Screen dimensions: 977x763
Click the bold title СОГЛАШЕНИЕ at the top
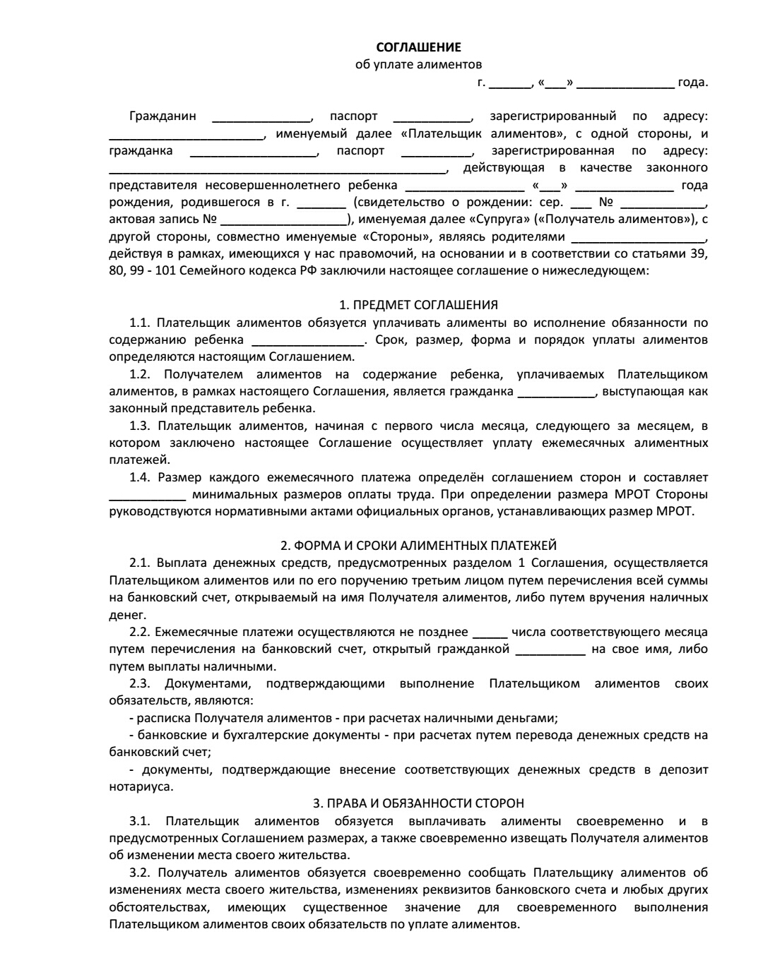(x=418, y=47)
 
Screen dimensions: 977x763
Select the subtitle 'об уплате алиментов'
(x=418, y=65)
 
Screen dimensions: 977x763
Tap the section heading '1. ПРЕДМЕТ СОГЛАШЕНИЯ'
(x=418, y=305)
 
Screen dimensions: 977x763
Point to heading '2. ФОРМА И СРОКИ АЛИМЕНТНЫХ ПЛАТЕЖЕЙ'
(x=418, y=546)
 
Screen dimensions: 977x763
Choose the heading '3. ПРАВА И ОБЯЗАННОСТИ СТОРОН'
(x=418, y=803)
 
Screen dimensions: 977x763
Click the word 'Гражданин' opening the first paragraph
(x=162, y=116)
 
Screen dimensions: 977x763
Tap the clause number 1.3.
(x=140, y=426)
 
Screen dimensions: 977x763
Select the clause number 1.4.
(x=140, y=477)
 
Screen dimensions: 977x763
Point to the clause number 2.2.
(x=140, y=632)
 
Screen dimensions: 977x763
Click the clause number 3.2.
(x=140, y=873)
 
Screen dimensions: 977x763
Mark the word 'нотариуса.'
(x=141, y=786)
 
